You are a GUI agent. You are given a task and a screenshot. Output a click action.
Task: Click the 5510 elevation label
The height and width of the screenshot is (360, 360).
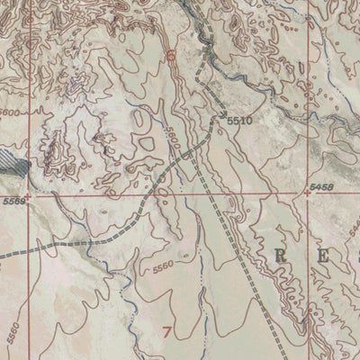(x=238, y=120)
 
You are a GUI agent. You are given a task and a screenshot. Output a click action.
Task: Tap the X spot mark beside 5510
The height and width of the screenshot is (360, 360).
(x=221, y=116)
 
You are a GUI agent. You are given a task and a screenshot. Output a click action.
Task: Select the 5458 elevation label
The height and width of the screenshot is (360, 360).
(x=320, y=185)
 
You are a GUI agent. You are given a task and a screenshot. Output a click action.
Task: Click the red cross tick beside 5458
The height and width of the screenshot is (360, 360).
(x=308, y=193)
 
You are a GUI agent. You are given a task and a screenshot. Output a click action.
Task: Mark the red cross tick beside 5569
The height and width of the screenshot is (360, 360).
(x=27, y=193)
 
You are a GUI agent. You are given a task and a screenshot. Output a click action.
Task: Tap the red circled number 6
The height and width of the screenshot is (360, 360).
(x=171, y=56)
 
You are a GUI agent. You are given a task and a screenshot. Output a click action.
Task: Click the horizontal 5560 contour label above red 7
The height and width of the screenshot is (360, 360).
(x=162, y=266)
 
